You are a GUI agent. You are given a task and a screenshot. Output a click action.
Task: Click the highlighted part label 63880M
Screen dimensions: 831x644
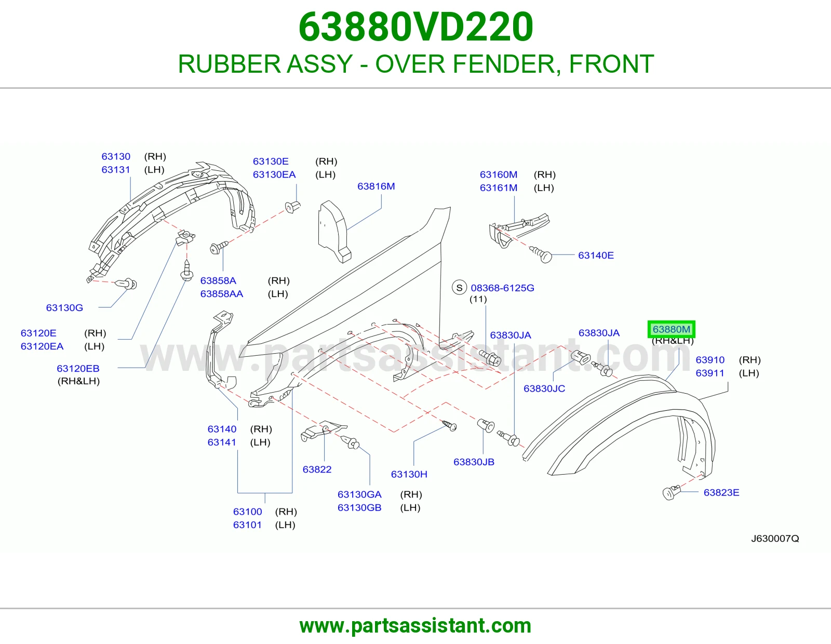tap(671, 329)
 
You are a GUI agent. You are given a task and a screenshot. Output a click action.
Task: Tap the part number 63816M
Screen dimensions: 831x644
tap(376, 186)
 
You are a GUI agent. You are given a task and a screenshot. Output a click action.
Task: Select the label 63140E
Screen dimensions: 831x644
tap(596, 255)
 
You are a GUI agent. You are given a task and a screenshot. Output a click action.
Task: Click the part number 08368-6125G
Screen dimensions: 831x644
tap(503, 288)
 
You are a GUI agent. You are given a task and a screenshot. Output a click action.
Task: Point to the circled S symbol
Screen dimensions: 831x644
tap(459, 288)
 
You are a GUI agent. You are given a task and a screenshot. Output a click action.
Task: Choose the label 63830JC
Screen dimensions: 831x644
tap(544, 388)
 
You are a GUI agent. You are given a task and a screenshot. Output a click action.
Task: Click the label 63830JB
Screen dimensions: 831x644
tap(474, 462)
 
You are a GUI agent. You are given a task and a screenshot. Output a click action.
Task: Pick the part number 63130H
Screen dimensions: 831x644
tap(409, 474)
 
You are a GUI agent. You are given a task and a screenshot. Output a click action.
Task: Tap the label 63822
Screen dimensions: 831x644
tap(317, 469)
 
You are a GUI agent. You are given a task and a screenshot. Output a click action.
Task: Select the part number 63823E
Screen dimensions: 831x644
tap(721, 492)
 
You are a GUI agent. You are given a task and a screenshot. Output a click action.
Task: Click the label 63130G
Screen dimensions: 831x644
tap(64, 307)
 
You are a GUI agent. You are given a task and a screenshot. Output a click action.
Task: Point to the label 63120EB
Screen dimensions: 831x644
tap(78, 368)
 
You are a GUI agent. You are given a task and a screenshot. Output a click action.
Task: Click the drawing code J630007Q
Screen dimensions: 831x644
tap(775, 539)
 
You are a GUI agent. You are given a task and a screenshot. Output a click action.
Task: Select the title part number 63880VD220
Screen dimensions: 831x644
tap(415, 27)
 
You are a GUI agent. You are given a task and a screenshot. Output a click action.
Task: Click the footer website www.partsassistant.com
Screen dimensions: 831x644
tap(415, 626)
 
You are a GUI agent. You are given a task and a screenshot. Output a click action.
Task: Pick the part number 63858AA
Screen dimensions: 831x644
tap(222, 294)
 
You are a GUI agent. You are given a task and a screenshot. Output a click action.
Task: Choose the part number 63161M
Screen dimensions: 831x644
tap(498, 187)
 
